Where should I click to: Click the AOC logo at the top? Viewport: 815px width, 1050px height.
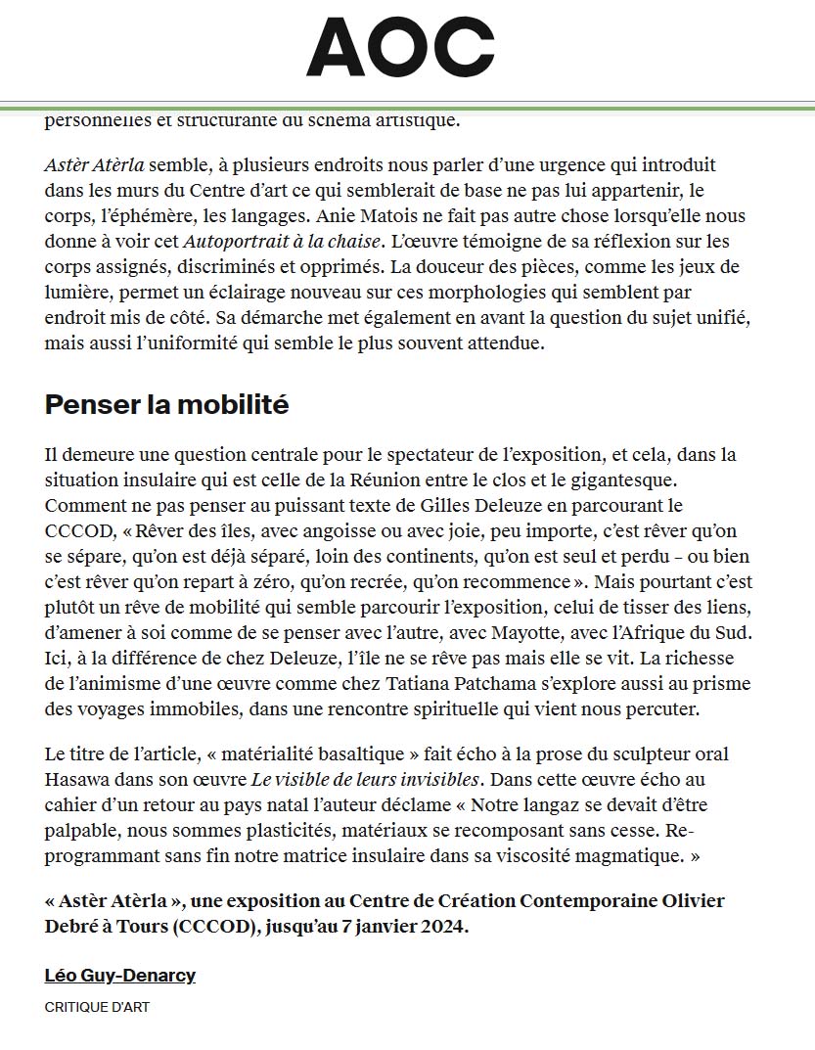tap(400, 49)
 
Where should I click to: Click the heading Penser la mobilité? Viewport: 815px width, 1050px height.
tap(166, 404)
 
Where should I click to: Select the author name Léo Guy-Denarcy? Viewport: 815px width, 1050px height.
tap(120, 975)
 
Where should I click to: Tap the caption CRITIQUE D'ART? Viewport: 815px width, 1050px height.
tap(97, 1006)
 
